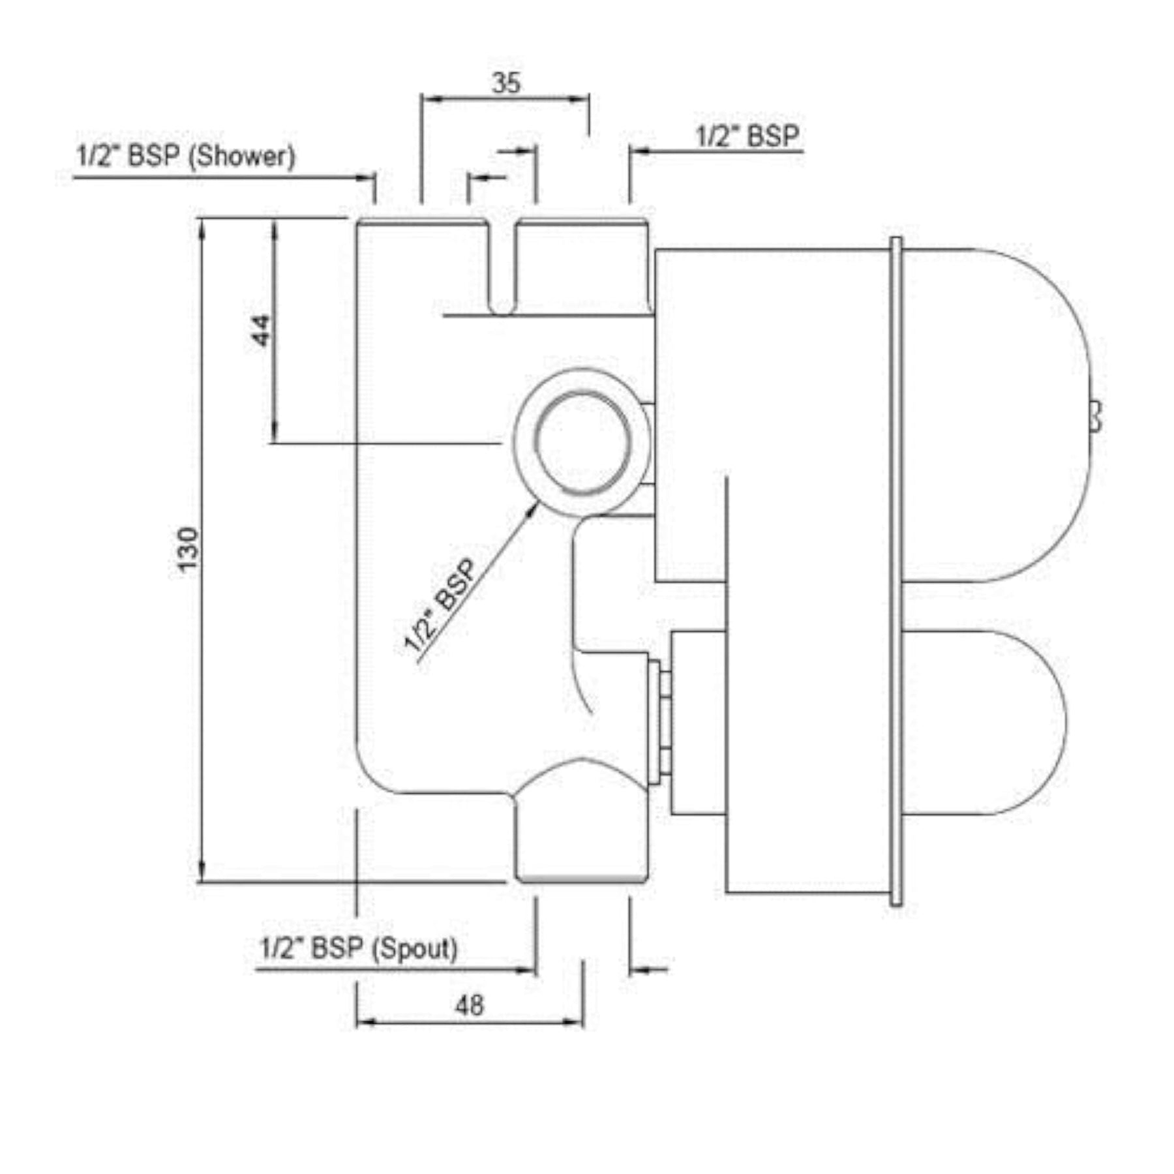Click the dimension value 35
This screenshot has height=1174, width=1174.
(x=506, y=83)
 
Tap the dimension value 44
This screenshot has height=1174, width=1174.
(x=261, y=330)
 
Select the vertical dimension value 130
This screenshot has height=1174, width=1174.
(x=188, y=549)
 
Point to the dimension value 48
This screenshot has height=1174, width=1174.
(x=470, y=1005)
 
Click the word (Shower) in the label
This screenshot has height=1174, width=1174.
(x=242, y=156)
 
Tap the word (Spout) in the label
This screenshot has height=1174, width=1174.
(x=414, y=948)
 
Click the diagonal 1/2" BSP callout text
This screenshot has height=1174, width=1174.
(x=441, y=605)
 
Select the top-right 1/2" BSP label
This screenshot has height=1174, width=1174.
(x=747, y=136)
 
